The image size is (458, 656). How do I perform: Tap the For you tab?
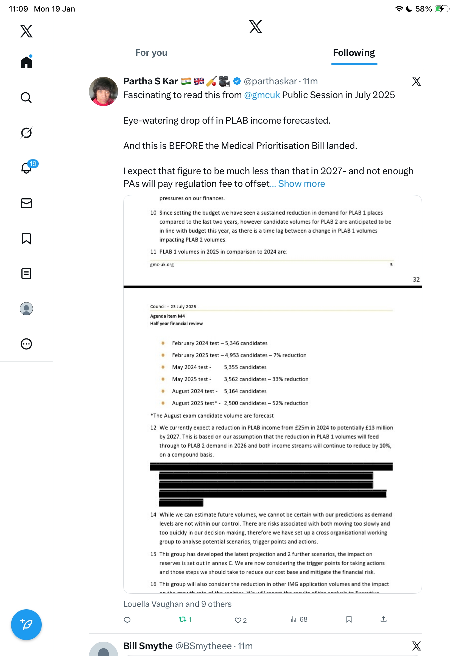pyautogui.click(x=151, y=53)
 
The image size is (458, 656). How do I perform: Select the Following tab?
pyautogui.click(x=354, y=53)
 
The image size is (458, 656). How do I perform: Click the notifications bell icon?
pyautogui.click(x=26, y=168)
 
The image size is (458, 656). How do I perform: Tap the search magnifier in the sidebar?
pyautogui.click(x=26, y=98)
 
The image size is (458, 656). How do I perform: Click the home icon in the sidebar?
pyautogui.click(x=26, y=62)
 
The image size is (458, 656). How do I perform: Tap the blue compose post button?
pyautogui.click(x=26, y=625)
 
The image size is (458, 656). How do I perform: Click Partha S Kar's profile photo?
pyautogui.click(x=103, y=91)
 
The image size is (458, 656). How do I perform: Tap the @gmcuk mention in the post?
pyautogui.click(x=262, y=95)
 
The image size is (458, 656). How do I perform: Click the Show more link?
pyautogui.click(x=301, y=184)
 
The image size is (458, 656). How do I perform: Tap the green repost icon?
pyautogui.click(x=182, y=619)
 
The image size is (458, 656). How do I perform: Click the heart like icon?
pyautogui.click(x=238, y=620)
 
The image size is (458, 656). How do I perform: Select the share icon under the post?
pyautogui.click(x=384, y=619)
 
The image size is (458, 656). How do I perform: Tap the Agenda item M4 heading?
pyautogui.click(x=167, y=316)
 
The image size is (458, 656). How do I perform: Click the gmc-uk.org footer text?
pyautogui.click(x=162, y=265)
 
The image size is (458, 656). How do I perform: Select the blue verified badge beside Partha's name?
pyautogui.click(x=237, y=81)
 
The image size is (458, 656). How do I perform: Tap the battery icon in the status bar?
pyautogui.click(x=442, y=9)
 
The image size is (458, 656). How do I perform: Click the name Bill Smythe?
pyautogui.click(x=148, y=646)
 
